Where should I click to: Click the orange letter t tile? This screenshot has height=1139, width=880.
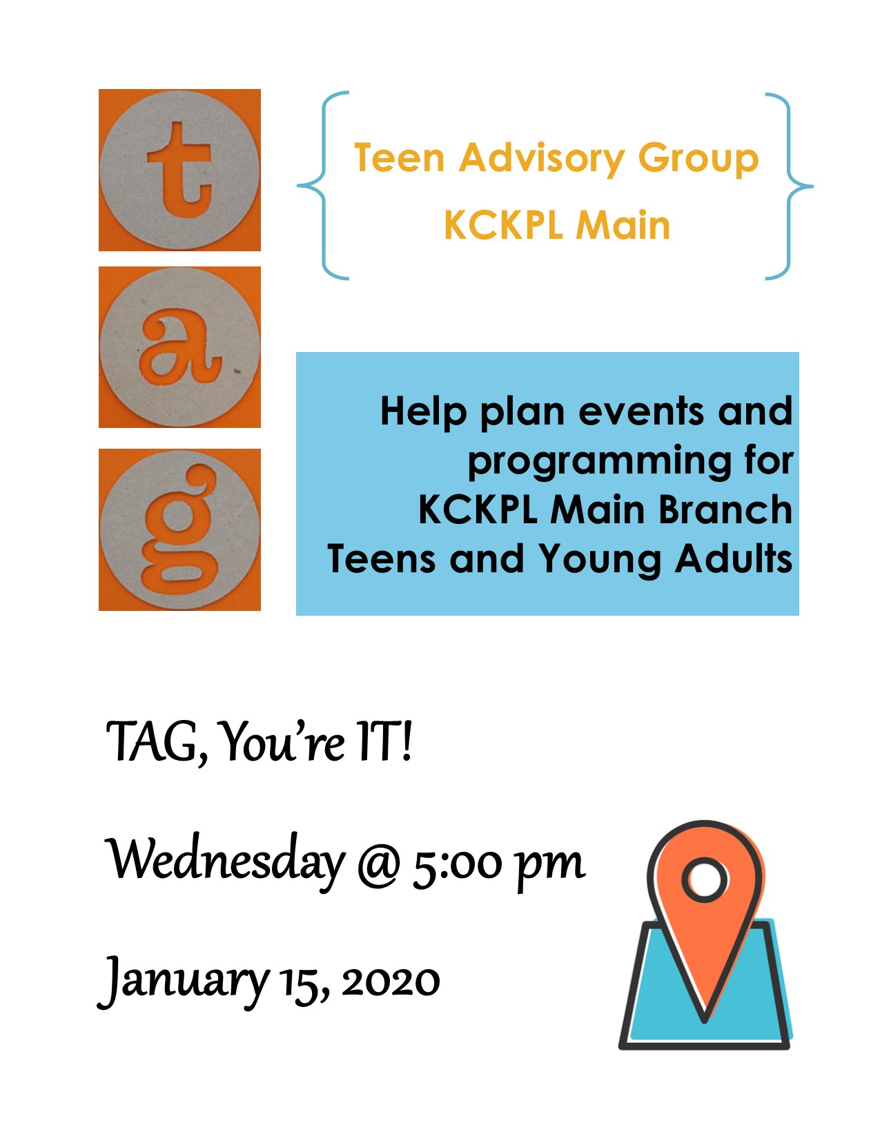(x=179, y=170)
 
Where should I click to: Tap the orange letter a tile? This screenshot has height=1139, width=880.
(x=179, y=347)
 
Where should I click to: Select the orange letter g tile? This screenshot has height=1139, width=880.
(x=179, y=529)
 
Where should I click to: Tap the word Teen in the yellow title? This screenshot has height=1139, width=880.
(x=400, y=157)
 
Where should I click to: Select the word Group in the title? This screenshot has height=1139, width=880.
(x=698, y=159)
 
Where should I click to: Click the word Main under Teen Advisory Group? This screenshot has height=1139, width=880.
(x=623, y=226)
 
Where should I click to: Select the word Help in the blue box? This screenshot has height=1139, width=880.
(x=424, y=413)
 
